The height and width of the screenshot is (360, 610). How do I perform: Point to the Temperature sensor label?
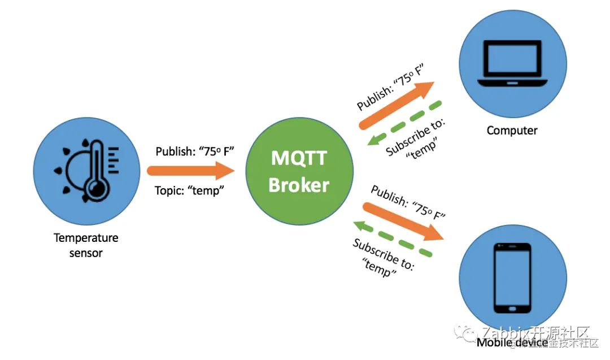pyautogui.click(x=86, y=245)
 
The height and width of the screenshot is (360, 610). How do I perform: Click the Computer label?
pyautogui.click(x=512, y=131)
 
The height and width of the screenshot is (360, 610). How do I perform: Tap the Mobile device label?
pyautogui.click(x=512, y=342)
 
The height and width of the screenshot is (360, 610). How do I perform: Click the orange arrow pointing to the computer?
pyautogui.click(x=396, y=105)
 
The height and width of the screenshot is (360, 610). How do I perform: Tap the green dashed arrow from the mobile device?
pyautogui.click(x=393, y=238)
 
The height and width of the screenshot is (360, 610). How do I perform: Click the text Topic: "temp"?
pyautogui.click(x=190, y=190)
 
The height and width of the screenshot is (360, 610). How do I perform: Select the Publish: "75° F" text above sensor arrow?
pyautogui.click(x=194, y=151)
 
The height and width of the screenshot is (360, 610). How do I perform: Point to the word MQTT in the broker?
pyautogui.click(x=299, y=157)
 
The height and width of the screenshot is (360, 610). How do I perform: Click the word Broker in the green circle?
pyautogui.click(x=299, y=184)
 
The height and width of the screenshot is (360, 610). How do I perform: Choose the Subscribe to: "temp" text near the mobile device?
pyautogui.click(x=384, y=258)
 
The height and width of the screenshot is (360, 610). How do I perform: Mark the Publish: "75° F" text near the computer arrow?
pyautogui.click(x=390, y=88)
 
